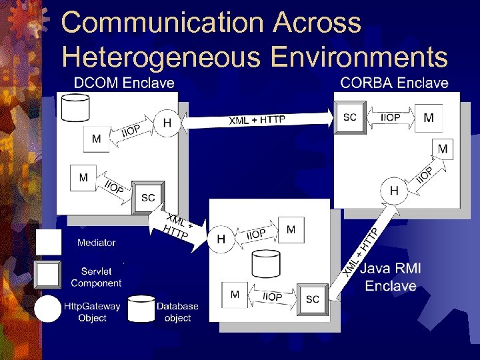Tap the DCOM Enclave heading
coord(123,83)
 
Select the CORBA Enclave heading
coord(394,83)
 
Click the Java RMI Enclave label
coord(391,277)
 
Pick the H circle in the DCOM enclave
coord(167,123)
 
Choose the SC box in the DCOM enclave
coord(148,197)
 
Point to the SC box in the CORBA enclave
coord(349,118)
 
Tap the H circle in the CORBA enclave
coord(394,191)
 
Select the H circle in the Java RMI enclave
coord(221,238)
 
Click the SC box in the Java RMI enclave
coord(312,299)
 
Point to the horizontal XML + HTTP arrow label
coord(257,120)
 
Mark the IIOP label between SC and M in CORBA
coord(390,118)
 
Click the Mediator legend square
coord(49,243)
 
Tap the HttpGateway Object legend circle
coord(48,309)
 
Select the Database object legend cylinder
coord(141,309)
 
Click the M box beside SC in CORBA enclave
coord(429,118)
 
